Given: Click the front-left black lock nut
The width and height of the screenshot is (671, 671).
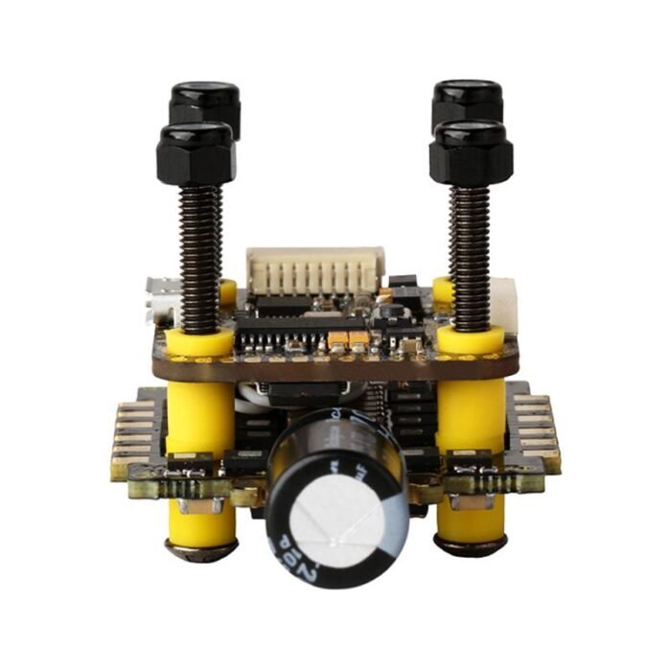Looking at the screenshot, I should pyautogui.click(x=196, y=153).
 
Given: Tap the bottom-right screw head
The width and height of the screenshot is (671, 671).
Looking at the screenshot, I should pyautogui.click(x=470, y=546).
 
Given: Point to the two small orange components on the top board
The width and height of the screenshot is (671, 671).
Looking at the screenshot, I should pyautogui.click(x=348, y=338).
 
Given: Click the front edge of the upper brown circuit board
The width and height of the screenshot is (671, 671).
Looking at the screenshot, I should pyautogui.click(x=335, y=368).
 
